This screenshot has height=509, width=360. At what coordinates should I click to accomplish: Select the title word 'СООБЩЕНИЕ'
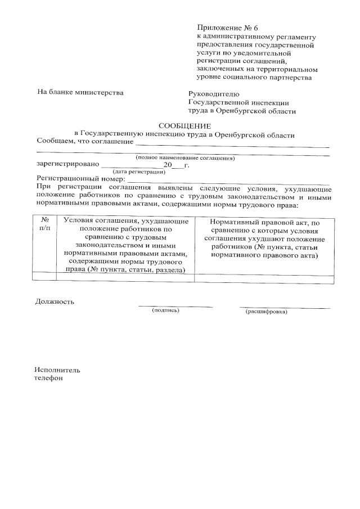[185, 126]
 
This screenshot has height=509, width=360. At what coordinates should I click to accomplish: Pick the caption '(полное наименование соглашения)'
[185, 158]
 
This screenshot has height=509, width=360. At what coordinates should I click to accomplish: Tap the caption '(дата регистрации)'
[138, 171]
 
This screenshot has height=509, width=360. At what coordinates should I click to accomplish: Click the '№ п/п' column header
[45, 225]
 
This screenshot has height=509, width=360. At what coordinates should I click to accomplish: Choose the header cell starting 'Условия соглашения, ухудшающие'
[125, 246]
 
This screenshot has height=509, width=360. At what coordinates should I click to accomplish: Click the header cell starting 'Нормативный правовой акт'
[264, 238]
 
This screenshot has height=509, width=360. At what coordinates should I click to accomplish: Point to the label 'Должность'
[55, 301]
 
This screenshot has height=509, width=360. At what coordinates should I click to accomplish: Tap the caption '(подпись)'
[165, 310]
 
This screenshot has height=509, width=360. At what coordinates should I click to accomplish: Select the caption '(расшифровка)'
[266, 311]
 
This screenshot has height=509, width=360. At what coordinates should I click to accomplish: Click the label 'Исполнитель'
[57, 370]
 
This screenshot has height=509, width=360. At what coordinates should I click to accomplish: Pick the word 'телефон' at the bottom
[49, 379]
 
